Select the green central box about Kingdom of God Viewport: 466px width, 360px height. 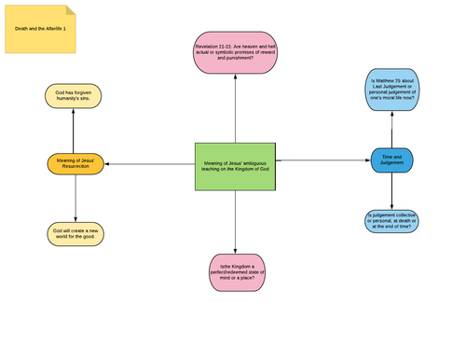click(x=235, y=168)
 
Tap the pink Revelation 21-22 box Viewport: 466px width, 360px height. click(x=235, y=50)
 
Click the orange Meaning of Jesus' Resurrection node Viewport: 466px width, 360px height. click(x=75, y=164)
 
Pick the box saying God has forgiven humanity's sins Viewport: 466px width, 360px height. click(x=75, y=96)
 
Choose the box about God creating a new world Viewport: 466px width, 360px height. click(x=75, y=233)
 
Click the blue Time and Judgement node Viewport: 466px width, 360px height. click(x=391, y=160)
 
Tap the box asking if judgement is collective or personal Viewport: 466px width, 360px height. click(x=391, y=220)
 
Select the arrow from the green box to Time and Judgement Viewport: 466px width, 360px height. click(x=322, y=160)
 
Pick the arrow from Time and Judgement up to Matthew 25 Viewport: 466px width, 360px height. click(x=391, y=129)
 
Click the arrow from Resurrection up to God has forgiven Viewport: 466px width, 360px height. click(x=75, y=131)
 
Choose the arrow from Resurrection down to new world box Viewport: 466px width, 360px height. click(x=75, y=199)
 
